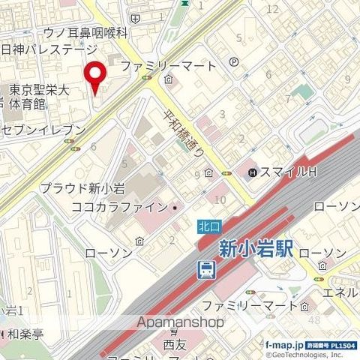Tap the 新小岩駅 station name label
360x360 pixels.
pyautogui.click(x=254, y=247)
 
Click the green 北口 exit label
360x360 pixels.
pyautogui.click(x=209, y=223)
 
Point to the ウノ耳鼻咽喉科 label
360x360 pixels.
pyautogui.click(x=86, y=33)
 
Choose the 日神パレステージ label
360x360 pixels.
pyautogui.click(x=49, y=49)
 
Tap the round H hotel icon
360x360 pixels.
pyautogui.click(x=253, y=173)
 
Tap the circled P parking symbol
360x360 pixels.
pyautogui.click(x=235, y=64)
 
